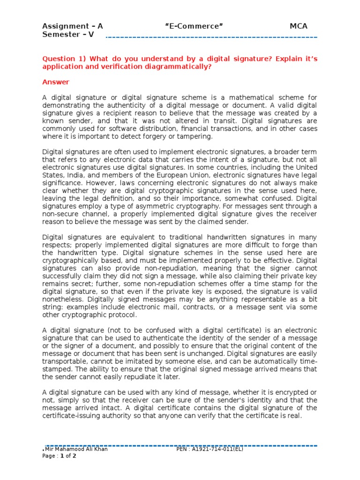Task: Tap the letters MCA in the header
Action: point(299,26)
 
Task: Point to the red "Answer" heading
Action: point(56,82)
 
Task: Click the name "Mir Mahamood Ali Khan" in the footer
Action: point(75,449)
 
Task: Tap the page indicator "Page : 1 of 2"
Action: point(60,456)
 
